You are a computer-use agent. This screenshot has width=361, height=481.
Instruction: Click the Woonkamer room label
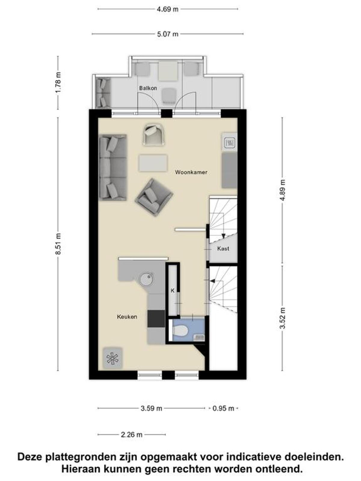[191, 172]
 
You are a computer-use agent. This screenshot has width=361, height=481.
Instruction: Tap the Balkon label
[148, 88]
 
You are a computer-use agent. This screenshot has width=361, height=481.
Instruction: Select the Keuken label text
[127, 317]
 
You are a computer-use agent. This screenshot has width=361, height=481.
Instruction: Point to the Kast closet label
[223, 249]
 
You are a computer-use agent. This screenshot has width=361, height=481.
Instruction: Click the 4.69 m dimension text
[168, 9]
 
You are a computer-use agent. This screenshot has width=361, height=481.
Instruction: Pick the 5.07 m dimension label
[168, 34]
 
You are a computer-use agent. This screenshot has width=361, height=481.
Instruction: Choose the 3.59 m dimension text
[151, 409]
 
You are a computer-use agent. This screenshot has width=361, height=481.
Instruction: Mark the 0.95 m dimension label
[223, 409]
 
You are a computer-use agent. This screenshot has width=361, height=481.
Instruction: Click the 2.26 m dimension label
[131, 435]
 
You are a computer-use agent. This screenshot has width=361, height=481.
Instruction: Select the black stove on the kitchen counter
[156, 319]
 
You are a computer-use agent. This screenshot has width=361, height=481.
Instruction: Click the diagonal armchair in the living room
[154, 198]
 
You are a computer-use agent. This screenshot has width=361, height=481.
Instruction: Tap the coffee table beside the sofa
[153, 163]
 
